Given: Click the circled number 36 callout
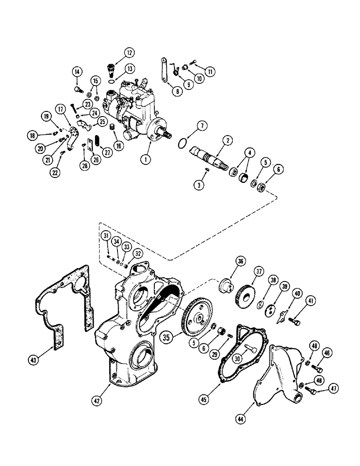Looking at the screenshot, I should [242, 262].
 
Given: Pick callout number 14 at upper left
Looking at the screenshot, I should [77, 72].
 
